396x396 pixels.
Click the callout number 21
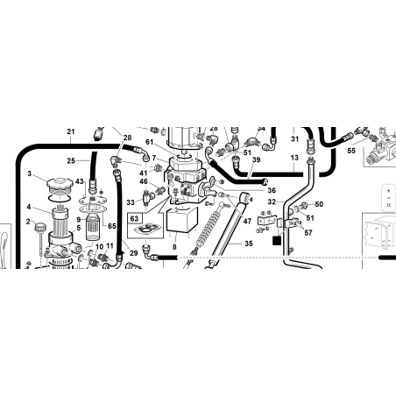pos(71,131)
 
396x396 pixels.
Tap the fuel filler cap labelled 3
pos(60,184)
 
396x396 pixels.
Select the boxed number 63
pos(134,219)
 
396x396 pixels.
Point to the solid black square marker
pos(277,241)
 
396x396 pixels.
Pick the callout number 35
pos(249,244)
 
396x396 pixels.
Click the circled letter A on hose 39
pos(265,182)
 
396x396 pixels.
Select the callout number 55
pos(351,151)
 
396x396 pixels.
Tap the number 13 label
pos(294,158)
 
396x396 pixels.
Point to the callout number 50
pos(319,204)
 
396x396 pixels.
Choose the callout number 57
pos(308,232)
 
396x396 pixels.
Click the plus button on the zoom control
pos(388,191)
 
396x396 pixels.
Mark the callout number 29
pos(133,253)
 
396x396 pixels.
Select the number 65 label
pos(112,226)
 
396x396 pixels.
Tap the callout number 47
pos(247,222)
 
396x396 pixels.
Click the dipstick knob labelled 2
pos(40,227)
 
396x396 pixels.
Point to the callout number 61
pos(150,142)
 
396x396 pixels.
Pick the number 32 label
pos(272,202)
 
